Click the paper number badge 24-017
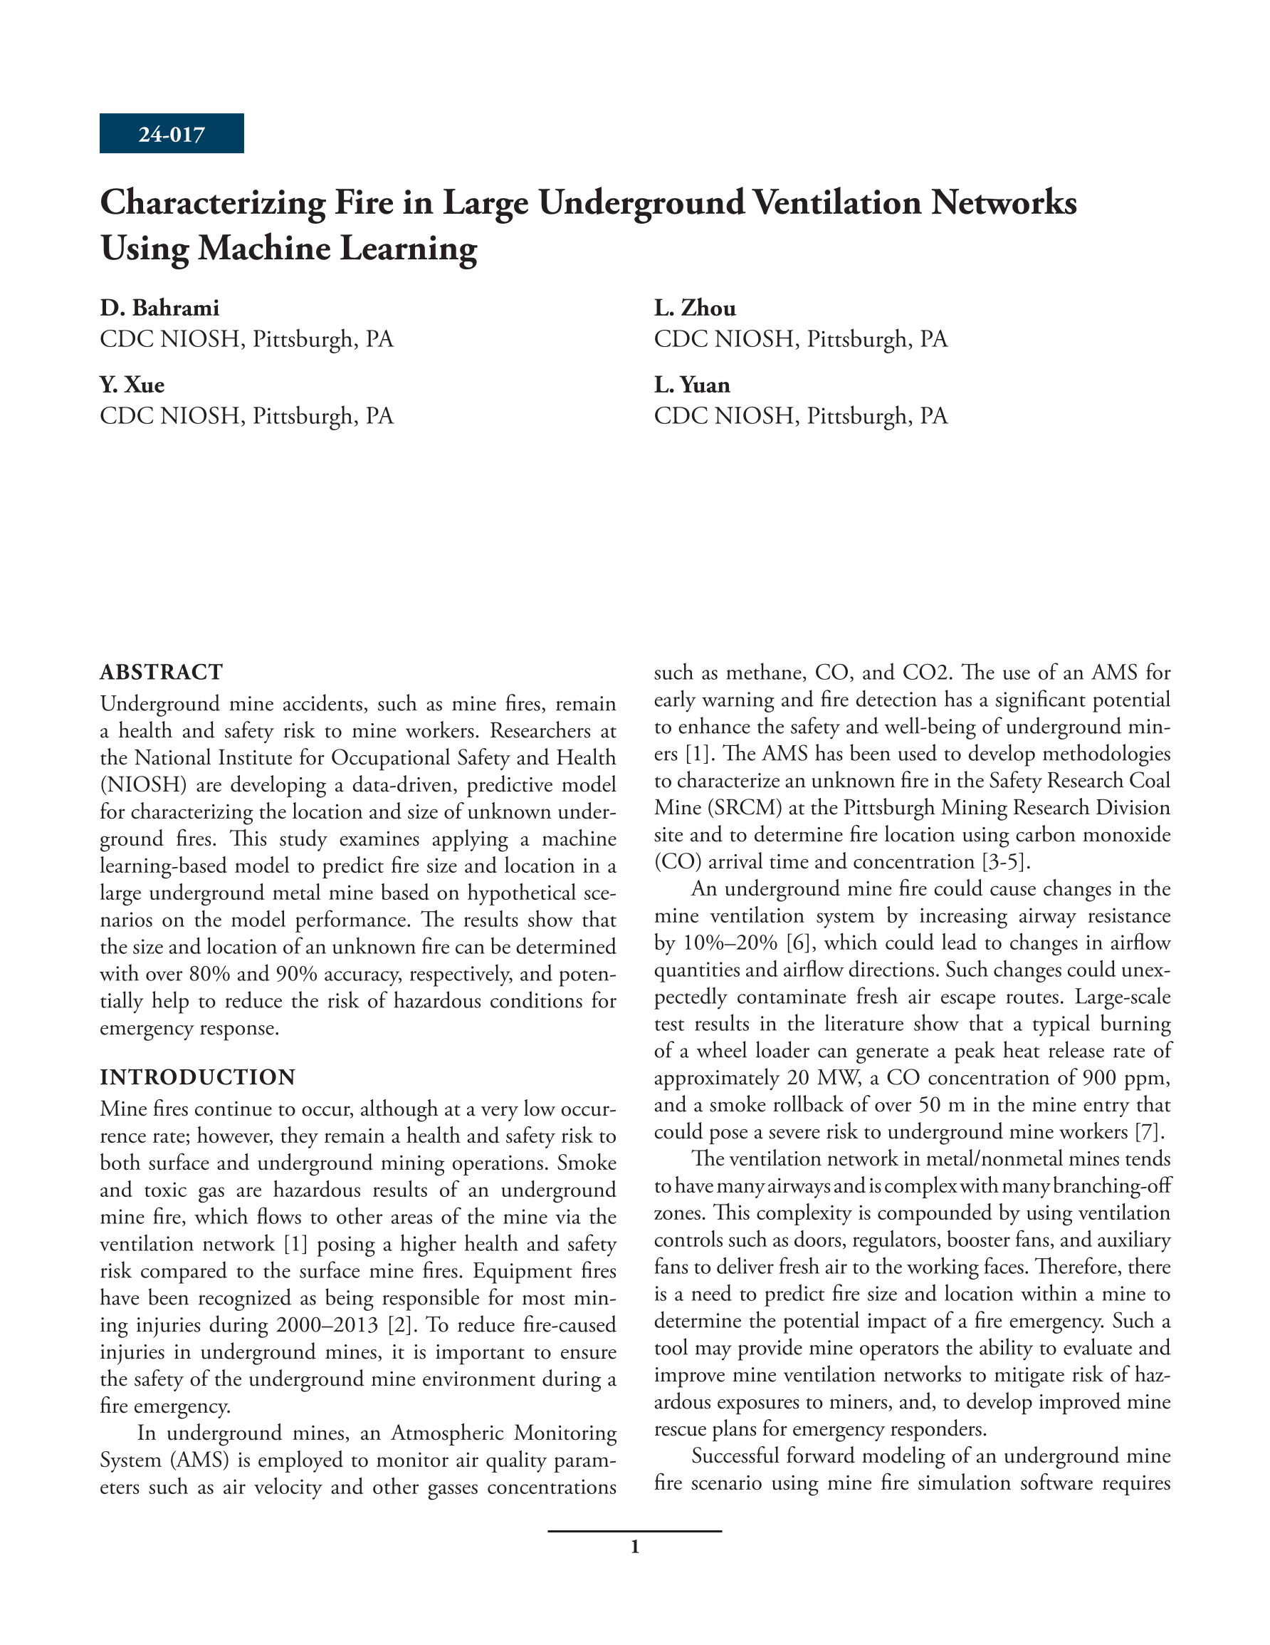172,134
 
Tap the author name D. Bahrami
159,308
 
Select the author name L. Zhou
695,308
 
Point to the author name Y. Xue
132,385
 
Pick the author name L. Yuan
692,385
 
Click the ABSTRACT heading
161,671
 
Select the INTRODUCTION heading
198,1077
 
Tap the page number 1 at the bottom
634,1547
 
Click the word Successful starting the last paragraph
735,1456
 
